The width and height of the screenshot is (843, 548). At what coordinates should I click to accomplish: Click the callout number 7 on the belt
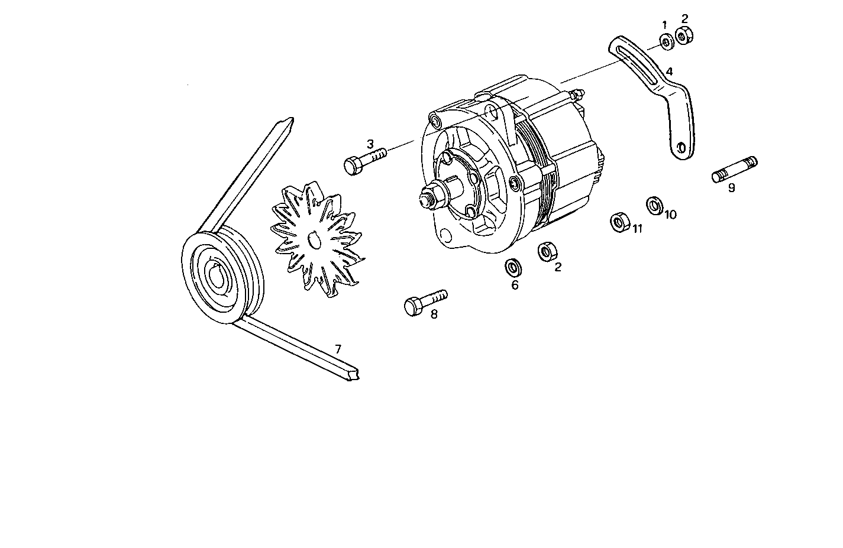pyautogui.click(x=338, y=349)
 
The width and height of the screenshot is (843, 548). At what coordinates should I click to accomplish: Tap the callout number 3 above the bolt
pyautogui.click(x=370, y=144)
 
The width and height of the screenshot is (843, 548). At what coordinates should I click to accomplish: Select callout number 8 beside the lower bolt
pyautogui.click(x=434, y=314)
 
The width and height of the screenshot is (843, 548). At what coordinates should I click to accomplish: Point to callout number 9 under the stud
pyautogui.click(x=732, y=188)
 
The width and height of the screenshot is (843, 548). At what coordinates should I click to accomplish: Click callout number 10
pyautogui.click(x=670, y=214)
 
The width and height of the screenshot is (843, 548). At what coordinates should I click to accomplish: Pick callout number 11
pyautogui.click(x=637, y=229)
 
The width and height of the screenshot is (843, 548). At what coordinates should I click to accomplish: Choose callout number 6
pyautogui.click(x=515, y=285)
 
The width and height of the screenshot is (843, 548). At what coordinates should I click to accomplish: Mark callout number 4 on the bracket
pyautogui.click(x=669, y=72)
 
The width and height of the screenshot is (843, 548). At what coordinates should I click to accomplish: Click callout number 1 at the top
pyautogui.click(x=664, y=25)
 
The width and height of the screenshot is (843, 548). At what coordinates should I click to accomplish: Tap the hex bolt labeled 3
pyautogui.click(x=364, y=161)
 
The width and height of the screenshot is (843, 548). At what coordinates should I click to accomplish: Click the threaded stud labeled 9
pyautogui.click(x=734, y=168)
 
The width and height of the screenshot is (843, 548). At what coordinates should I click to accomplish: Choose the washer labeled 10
pyautogui.click(x=654, y=205)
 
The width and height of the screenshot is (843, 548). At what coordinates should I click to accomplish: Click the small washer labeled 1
pyautogui.click(x=666, y=42)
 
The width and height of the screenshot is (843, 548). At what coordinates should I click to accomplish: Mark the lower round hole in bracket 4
pyautogui.click(x=681, y=147)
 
